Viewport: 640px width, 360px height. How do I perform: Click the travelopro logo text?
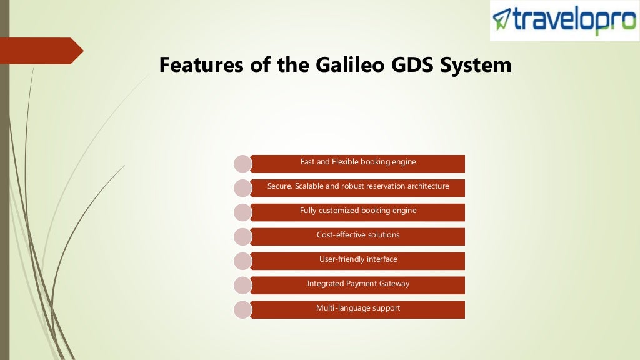click(573, 20)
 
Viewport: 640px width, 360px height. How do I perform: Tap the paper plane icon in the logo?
click(502, 19)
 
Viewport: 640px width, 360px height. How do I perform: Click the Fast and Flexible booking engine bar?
click(357, 163)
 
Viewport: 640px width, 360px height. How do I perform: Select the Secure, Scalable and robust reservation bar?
click(357, 187)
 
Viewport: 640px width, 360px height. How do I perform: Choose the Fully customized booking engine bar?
click(357, 212)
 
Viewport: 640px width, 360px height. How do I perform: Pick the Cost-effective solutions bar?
click(357, 236)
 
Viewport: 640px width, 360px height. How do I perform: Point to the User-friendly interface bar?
click(357, 261)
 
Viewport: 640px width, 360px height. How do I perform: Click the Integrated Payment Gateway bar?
click(357, 285)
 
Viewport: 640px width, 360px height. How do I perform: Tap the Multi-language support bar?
click(357, 309)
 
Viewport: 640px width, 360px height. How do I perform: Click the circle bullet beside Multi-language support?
click(242, 309)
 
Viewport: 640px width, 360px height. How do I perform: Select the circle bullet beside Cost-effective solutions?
click(242, 236)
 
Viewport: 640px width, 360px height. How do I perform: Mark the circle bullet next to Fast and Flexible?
click(242, 163)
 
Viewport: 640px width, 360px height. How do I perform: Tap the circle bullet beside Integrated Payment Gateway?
click(242, 285)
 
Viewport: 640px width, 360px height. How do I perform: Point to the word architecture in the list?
click(428, 186)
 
